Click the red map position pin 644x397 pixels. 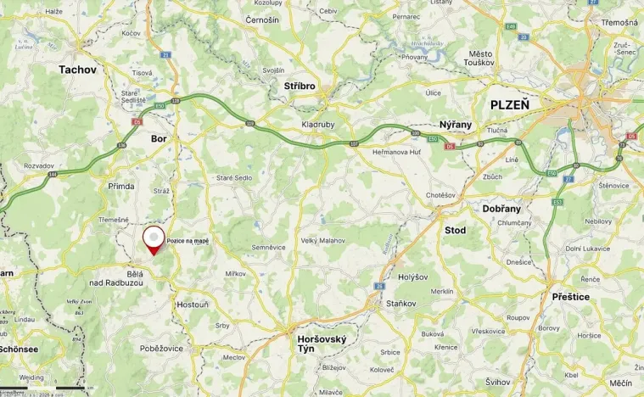tap(153, 239)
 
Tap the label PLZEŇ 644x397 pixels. tap(509, 104)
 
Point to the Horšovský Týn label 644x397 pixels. tap(322, 344)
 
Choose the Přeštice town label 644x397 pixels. tap(571, 296)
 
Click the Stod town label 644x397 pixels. tap(455, 229)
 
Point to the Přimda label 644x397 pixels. tap(121, 185)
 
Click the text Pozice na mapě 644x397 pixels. tap(188, 241)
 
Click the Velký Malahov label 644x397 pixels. tap(323, 241)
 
